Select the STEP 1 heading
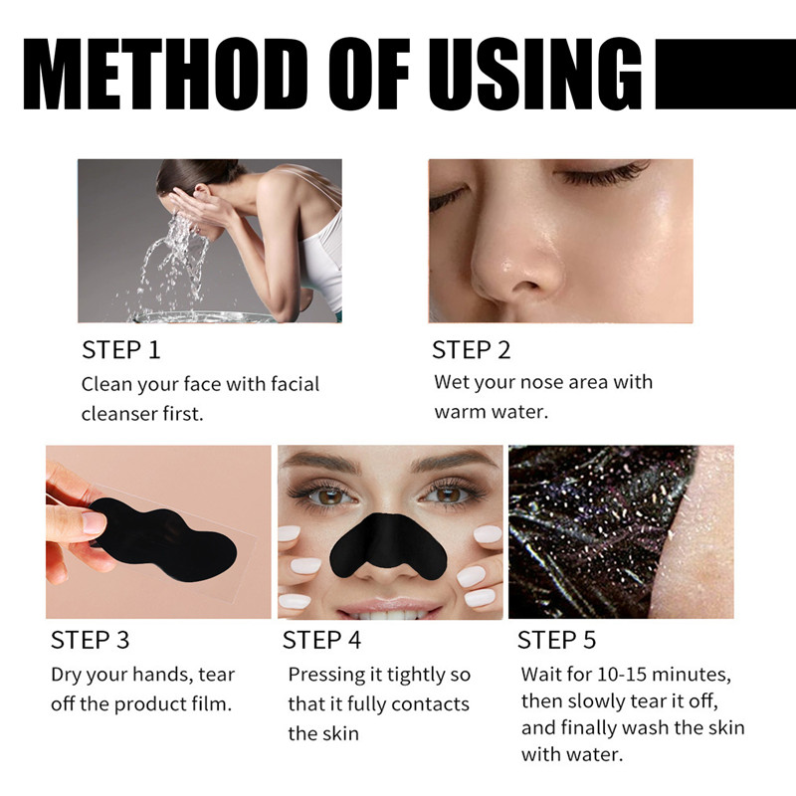coord(120,350)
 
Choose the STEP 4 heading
coord(322,640)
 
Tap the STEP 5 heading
coord(557,640)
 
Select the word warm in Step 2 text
coord(463,412)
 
